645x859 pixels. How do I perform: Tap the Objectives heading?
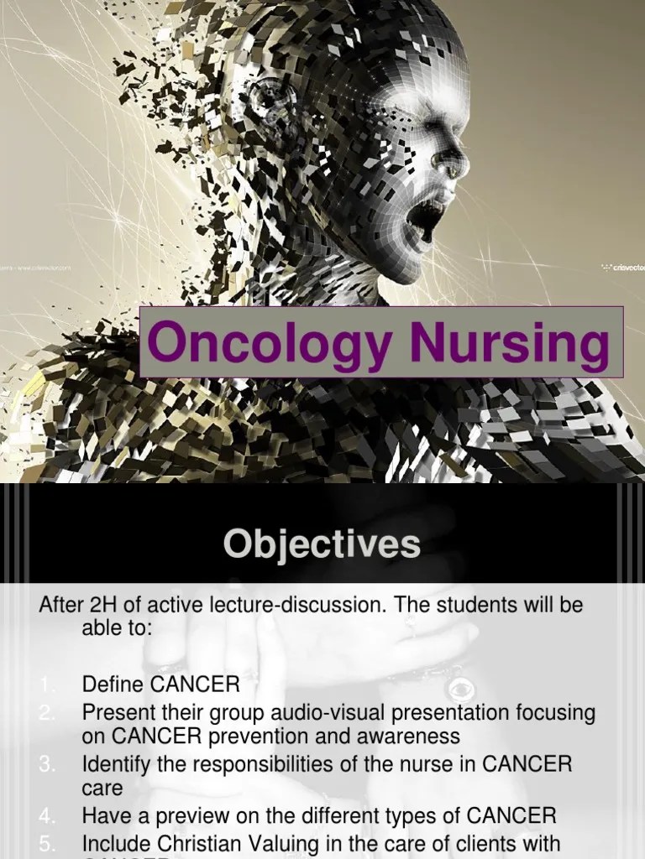pos(322,544)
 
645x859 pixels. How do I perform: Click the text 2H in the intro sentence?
pos(97,606)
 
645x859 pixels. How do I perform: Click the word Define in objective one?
pos(113,685)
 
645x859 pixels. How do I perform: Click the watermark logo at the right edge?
pos(626,268)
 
